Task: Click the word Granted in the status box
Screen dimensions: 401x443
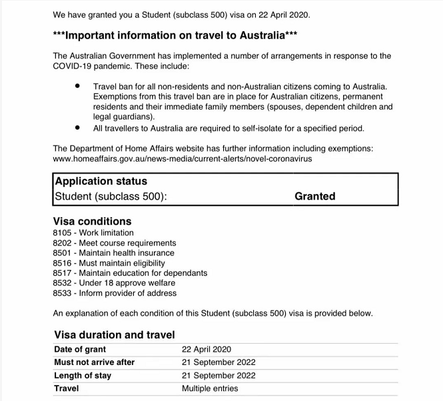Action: coord(314,196)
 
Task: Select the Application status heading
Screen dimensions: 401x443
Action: coord(101,181)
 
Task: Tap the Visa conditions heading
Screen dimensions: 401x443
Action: coord(92,221)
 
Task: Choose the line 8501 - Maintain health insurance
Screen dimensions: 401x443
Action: coord(113,253)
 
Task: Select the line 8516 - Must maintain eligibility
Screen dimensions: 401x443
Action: coord(109,263)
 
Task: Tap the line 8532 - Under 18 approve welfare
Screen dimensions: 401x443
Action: coord(112,283)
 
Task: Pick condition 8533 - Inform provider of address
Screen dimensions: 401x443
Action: coord(115,293)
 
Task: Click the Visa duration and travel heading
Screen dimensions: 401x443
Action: coord(113,334)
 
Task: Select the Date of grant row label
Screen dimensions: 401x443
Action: coord(80,349)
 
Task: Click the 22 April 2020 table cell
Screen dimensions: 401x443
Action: coord(207,349)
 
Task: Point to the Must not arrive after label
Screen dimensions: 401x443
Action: coord(94,362)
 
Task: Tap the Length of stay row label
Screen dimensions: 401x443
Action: coord(83,376)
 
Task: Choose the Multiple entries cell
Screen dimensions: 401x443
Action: coord(210,388)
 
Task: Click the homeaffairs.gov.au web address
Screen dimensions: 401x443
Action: coord(182,159)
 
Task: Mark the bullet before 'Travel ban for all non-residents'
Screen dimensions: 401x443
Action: coord(78,86)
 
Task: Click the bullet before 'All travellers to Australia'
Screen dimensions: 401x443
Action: coord(78,128)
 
